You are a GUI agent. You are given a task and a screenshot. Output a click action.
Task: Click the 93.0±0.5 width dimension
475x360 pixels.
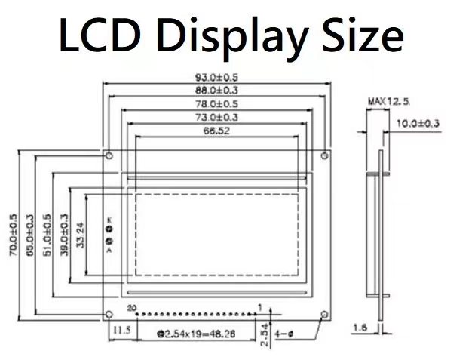point(216,77)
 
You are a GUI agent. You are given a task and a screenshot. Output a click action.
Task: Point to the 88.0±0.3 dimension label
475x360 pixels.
point(216,91)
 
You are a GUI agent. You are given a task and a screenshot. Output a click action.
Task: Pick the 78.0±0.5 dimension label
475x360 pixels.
point(216,104)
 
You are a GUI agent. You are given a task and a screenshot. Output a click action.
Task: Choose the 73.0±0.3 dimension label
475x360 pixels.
point(216,118)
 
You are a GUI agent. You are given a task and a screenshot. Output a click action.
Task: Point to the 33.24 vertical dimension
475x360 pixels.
point(81,235)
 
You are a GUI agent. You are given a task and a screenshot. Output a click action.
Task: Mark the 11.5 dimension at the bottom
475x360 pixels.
point(121,331)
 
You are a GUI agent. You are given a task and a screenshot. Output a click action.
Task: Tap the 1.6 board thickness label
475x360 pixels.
point(360,328)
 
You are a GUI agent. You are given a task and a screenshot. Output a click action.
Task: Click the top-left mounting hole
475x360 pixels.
point(111,156)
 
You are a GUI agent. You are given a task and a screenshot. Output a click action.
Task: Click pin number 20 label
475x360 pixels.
point(132,308)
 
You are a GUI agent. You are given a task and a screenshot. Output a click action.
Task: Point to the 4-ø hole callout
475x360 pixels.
point(286,331)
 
